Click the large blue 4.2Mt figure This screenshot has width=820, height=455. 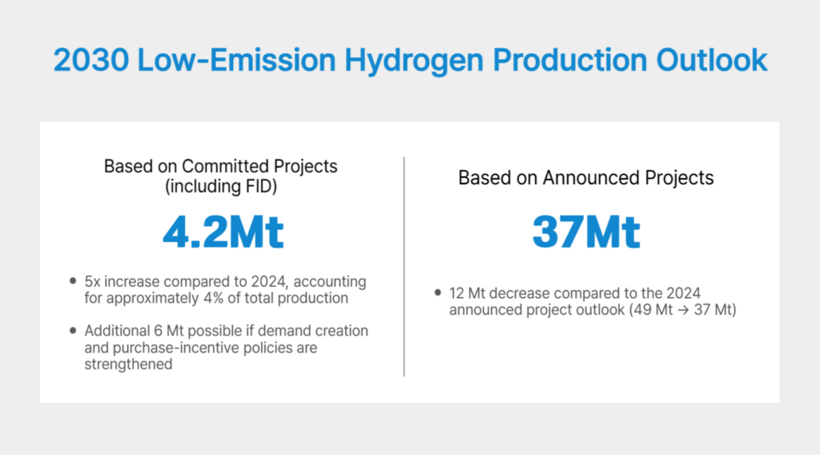[x=223, y=232]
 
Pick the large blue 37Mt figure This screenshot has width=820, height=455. [x=586, y=232]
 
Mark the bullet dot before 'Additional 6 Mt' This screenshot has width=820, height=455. [x=74, y=331]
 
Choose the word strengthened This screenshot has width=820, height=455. [x=126, y=364]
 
